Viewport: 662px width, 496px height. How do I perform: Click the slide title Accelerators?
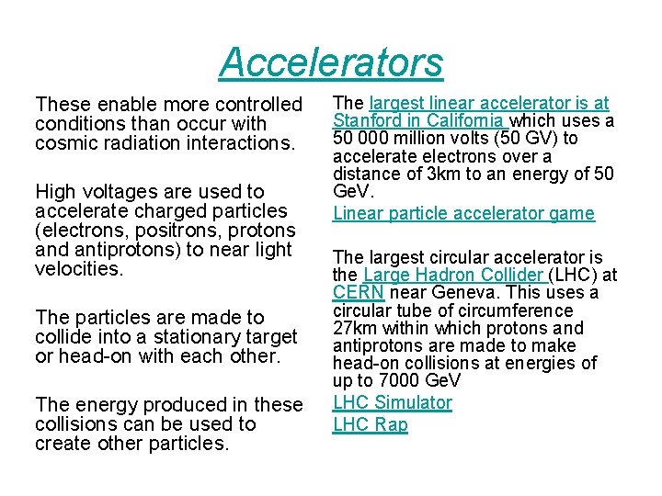(x=331, y=62)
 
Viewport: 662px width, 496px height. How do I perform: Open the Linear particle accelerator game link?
(x=463, y=213)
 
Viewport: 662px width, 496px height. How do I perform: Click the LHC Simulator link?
(x=393, y=402)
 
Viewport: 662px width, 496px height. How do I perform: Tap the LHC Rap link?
(x=370, y=424)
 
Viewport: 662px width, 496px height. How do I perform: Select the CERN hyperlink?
(x=351, y=293)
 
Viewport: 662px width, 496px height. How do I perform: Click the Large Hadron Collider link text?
(x=455, y=275)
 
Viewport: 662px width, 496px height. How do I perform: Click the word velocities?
(x=77, y=269)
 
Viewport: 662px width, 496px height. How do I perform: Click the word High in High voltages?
(x=55, y=192)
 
